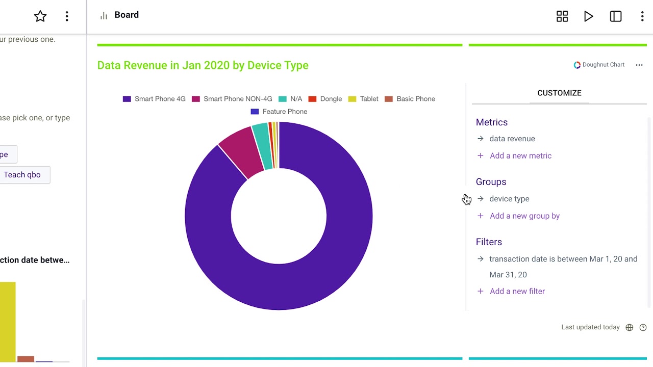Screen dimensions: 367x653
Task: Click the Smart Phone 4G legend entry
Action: [x=154, y=99]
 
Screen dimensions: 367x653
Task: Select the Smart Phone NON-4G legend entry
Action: [x=232, y=99]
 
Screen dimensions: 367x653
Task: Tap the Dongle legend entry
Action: [x=325, y=99]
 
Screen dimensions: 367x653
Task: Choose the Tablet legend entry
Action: [x=363, y=99]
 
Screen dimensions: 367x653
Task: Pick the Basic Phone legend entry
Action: [x=410, y=99]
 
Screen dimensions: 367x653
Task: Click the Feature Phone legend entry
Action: [x=279, y=112]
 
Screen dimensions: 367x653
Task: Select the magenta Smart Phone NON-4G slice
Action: [x=240, y=150]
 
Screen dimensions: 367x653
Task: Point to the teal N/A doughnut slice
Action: [x=261, y=146]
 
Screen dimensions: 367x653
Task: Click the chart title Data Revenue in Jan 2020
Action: [x=203, y=65]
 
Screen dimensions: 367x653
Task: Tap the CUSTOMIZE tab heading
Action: [x=559, y=93]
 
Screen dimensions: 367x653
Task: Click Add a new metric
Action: [x=520, y=156]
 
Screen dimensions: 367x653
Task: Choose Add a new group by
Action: [x=524, y=216]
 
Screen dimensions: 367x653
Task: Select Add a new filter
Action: [x=517, y=292]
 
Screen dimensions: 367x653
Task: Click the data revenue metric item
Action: [x=512, y=139]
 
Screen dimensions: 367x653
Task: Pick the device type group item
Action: [x=509, y=199]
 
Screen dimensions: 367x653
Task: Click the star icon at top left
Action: [x=40, y=16]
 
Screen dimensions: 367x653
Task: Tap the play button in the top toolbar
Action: [x=589, y=16]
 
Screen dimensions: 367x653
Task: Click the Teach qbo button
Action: [x=22, y=175]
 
